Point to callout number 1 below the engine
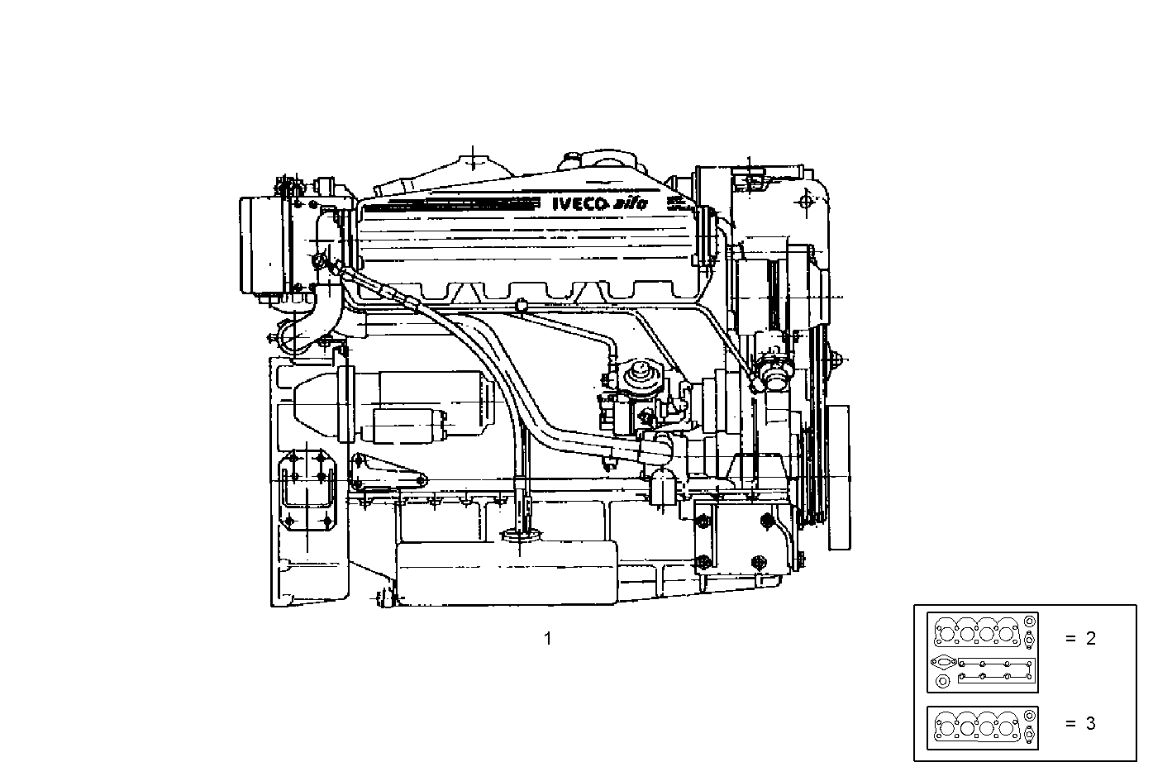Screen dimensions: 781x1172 pos(547,638)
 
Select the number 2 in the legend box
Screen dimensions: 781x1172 pos(1090,638)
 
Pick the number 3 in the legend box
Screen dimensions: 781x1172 pos(1090,723)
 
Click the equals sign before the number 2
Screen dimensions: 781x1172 pos(1070,638)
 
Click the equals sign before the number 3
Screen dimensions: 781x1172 pos(1070,723)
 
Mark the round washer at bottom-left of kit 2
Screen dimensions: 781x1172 pos(941,682)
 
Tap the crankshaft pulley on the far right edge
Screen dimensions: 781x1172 pos(840,478)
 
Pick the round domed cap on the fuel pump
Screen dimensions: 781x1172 pos(638,374)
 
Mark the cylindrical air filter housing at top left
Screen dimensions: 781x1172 pos(263,245)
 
